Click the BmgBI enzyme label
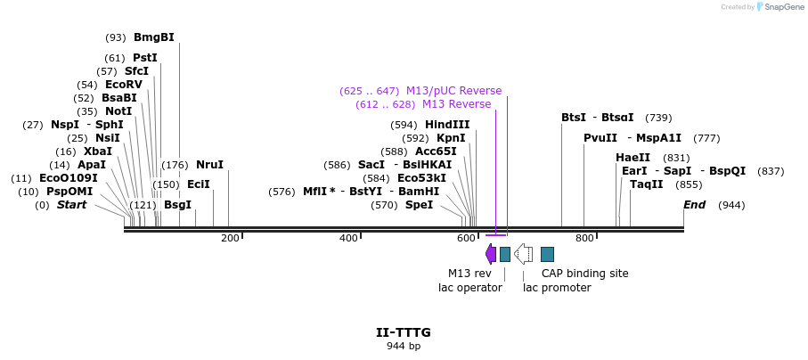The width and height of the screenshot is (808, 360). (153, 37)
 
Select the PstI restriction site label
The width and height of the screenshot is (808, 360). (144, 58)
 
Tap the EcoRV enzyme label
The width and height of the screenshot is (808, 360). (123, 85)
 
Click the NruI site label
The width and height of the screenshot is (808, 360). (209, 165)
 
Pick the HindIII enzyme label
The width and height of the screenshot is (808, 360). (447, 125)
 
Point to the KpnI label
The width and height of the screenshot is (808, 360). (450, 138)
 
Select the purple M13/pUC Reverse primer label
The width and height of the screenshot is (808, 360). (453, 91)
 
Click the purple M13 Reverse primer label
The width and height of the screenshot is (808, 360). (456, 104)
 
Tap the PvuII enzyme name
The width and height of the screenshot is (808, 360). (600, 138)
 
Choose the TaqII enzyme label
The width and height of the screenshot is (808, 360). (646, 184)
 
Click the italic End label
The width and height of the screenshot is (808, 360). (694, 205)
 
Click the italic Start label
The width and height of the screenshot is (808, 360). (72, 205)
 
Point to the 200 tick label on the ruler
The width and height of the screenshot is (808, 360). (230, 238)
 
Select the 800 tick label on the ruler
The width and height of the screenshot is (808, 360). (584, 238)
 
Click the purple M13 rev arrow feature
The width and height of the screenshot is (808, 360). (491, 254)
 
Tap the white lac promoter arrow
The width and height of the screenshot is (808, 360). (524, 254)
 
